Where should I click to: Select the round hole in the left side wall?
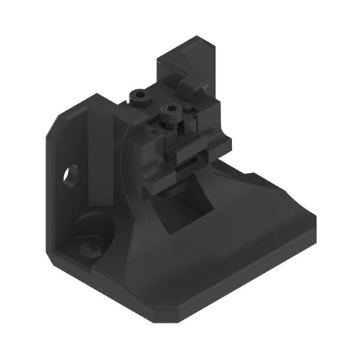click(x=71, y=173)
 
